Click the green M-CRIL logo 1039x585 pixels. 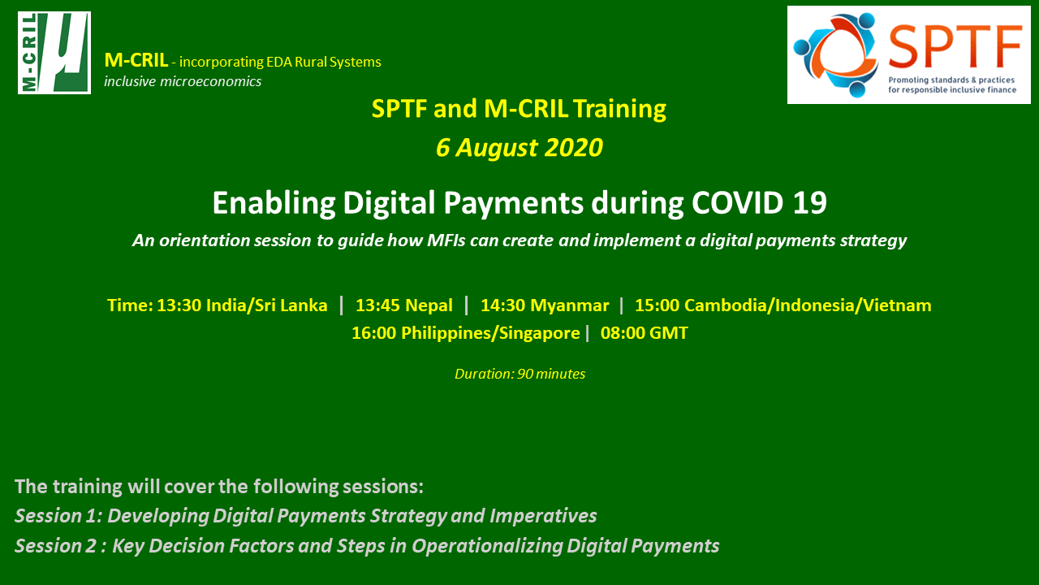click(x=54, y=53)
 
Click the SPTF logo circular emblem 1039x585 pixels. click(x=836, y=54)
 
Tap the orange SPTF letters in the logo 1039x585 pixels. click(x=955, y=46)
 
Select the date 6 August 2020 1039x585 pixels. click(x=519, y=148)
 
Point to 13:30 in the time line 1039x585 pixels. click(x=179, y=305)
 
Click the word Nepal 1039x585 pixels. click(x=429, y=305)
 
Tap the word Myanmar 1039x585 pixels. click(x=569, y=305)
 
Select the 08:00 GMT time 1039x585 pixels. click(x=645, y=333)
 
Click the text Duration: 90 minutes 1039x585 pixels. click(x=520, y=374)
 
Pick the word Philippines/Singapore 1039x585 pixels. click(x=490, y=333)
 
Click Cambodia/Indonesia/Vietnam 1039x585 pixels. click(x=808, y=305)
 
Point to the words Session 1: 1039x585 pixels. click(x=58, y=516)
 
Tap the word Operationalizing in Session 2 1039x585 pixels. click(x=487, y=546)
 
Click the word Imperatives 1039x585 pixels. click(x=543, y=516)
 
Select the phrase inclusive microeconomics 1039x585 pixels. click(x=183, y=81)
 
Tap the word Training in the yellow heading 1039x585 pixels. click(x=619, y=110)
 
